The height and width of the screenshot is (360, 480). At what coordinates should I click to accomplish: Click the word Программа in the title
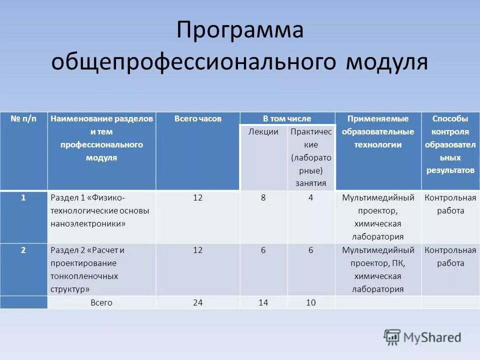[x=239, y=31]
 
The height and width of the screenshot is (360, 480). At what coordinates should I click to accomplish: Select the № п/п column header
[x=23, y=119]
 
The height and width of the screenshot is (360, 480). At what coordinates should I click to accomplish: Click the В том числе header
[x=287, y=119]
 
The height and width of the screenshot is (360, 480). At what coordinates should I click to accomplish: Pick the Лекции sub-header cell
[x=263, y=131]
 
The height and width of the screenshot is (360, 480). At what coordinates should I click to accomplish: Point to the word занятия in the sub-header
[x=310, y=183]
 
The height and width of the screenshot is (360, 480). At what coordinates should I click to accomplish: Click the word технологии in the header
[x=378, y=145]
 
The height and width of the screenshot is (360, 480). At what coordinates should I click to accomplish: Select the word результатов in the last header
[x=450, y=170]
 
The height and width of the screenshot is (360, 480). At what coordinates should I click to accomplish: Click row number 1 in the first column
[x=23, y=197]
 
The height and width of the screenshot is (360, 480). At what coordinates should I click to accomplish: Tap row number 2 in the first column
[x=23, y=250]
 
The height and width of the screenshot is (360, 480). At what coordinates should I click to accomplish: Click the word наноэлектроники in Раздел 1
[x=88, y=223]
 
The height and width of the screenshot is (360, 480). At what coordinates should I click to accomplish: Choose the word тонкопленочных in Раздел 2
[x=84, y=276]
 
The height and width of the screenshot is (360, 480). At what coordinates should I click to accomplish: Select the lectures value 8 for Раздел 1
[x=263, y=197]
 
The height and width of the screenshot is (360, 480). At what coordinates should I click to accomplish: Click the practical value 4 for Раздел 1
[x=310, y=197]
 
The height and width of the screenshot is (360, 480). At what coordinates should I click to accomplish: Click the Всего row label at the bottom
[x=101, y=302]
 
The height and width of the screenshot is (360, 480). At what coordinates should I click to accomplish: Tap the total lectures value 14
[x=263, y=302]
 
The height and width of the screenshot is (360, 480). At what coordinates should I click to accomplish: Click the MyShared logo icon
[x=392, y=337]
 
